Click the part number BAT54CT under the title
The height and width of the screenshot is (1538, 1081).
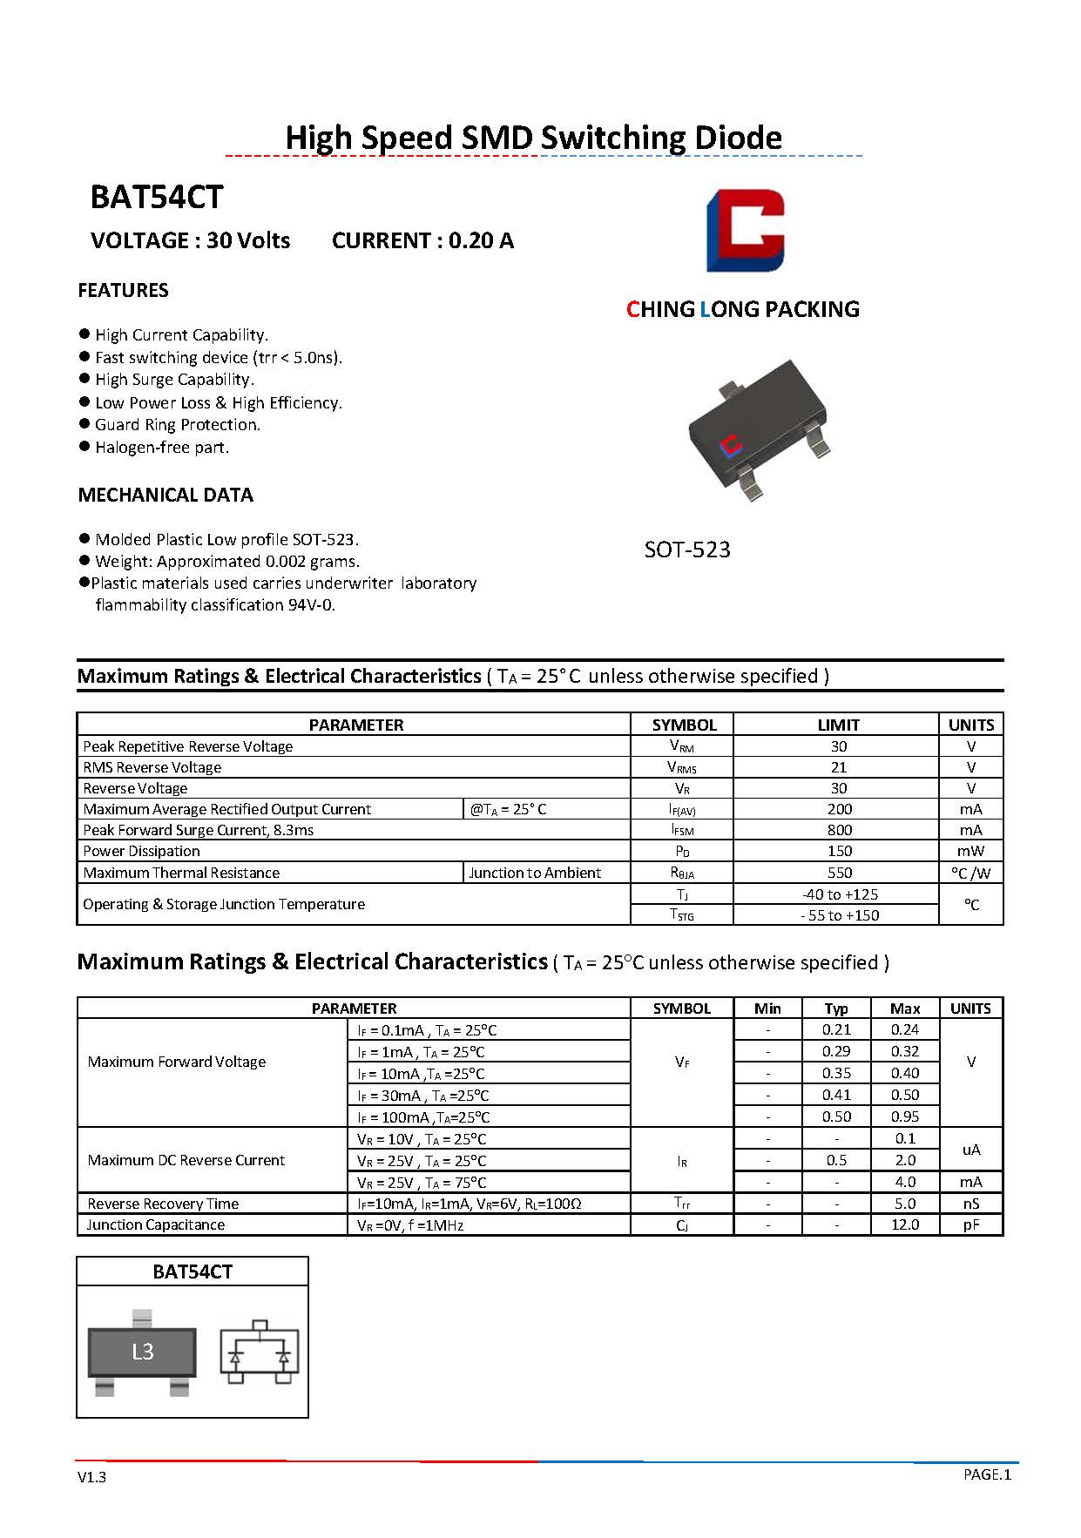coord(157,198)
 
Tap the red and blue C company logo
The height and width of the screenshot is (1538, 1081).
coord(745,230)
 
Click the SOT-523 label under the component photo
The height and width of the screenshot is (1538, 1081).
coord(687,550)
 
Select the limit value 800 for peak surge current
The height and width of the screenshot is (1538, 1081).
coord(839,830)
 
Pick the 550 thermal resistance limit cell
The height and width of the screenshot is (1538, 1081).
coord(839,873)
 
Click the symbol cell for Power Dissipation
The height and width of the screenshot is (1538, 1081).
coord(682,851)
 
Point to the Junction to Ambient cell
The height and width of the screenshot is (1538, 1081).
coord(535,873)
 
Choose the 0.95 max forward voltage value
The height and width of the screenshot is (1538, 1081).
coord(905,1116)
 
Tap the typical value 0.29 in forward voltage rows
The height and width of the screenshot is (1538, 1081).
coord(836,1051)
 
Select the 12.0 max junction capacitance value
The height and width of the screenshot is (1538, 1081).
coord(905,1224)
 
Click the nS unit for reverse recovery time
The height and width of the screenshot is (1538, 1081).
coord(970,1204)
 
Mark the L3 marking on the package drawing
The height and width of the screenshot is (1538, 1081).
coord(143,1352)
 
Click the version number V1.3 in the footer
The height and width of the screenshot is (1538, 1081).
coord(91,1477)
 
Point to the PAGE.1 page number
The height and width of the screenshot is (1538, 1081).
coord(987,1474)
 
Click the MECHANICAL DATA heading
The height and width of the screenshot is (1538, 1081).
coord(166,495)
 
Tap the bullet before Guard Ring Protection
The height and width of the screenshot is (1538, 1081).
coord(84,424)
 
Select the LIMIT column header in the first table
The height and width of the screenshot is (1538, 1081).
coord(838,725)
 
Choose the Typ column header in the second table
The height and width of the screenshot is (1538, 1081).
coord(836,1008)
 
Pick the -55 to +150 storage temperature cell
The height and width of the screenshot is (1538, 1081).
coord(840,915)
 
